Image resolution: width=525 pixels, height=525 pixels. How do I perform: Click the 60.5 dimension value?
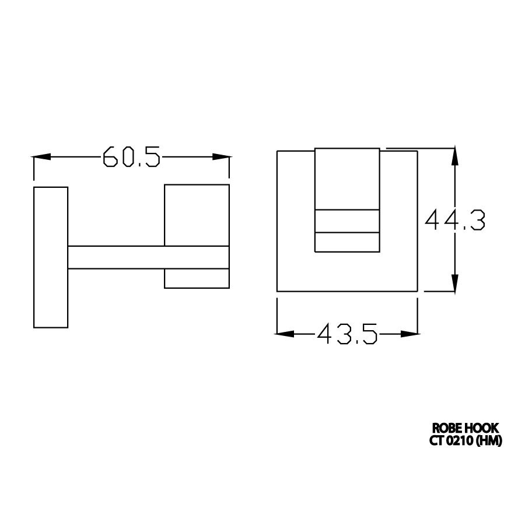click(x=131, y=157)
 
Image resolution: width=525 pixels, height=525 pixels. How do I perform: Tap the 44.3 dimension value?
click(x=455, y=220)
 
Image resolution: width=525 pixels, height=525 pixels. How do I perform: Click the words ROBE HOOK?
click(x=465, y=428)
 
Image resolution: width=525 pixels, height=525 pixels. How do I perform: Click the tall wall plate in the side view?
click(x=51, y=257)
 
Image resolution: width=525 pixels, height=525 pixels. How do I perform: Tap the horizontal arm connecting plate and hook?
click(x=146, y=257)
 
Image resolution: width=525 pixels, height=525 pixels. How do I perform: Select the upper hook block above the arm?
click(x=196, y=215)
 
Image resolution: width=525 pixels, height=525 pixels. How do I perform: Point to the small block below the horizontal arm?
click(x=196, y=278)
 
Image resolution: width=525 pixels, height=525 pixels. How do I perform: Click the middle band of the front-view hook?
click(x=348, y=220)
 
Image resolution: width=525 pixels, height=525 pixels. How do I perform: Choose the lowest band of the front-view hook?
click(x=348, y=243)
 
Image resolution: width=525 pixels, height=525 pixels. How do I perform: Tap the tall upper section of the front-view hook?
click(x=348, y=178)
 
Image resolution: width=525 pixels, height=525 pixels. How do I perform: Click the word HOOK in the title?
click(x=482, y=428)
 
